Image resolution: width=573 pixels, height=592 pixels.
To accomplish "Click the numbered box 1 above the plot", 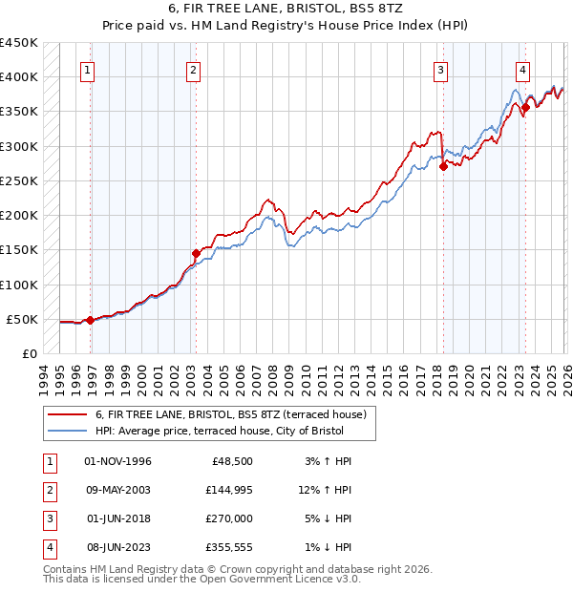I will coord(88,69).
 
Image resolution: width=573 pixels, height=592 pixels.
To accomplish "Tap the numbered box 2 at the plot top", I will coord(193,69).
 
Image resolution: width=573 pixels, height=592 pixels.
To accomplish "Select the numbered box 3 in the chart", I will coord(440,69).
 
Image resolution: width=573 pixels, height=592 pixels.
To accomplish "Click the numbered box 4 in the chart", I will coord(523,69).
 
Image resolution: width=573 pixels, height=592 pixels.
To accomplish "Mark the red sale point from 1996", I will coord(91,320).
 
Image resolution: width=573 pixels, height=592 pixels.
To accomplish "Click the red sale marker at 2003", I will coord(196,254).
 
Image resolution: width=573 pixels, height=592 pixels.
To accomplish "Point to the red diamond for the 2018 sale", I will coord(443,166).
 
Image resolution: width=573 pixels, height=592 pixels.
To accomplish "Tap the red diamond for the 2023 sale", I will coord(525,108).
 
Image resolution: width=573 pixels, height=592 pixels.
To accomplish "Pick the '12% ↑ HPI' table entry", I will coord(324,490).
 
